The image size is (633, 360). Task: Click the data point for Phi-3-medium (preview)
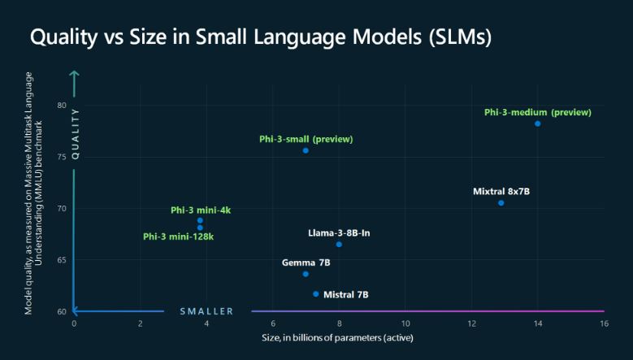[x=537, y=124]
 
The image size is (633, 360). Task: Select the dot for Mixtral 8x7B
[x=501, y=202]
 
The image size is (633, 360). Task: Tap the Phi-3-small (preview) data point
[x=306, y=150]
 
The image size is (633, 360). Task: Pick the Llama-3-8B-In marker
[x=339, y=244]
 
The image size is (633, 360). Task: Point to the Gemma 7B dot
[x=306, y=274]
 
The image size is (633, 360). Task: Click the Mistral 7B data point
[x=316, y=293]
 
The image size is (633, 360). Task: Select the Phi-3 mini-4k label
[x=201, y=210]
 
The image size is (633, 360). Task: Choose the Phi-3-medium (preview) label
[x=537, y=112]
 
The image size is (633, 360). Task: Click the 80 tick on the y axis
[x=62, y=106]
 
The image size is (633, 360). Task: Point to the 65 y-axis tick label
[x=62, y=260]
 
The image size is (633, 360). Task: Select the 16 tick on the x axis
[x=603, y=323]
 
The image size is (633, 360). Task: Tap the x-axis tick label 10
[x=405, y=323]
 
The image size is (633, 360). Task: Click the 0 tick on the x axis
[x=74, y=323]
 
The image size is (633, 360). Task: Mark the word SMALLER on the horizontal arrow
[x=206, y=311]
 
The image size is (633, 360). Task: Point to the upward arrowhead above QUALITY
[x=75, y=75]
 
